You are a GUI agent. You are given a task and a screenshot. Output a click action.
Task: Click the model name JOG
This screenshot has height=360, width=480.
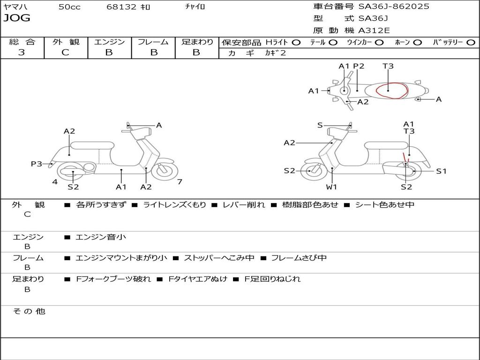pos(17,18)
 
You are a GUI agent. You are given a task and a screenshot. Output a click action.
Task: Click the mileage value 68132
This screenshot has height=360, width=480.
pos(121,7)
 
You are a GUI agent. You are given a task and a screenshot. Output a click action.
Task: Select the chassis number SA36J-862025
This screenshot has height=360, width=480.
pos(394,7)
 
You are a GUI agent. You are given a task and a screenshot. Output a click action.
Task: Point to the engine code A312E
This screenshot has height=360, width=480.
pos(374,31)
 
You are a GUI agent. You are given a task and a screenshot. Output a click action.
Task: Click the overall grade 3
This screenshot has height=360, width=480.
pos(22,52)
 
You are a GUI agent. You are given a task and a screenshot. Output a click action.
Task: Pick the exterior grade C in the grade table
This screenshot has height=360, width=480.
pos(66,52)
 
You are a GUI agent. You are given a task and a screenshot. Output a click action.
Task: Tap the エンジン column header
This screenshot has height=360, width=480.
pos(110,42)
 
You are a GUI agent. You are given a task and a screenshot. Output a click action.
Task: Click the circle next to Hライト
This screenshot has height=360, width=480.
pos(296,42)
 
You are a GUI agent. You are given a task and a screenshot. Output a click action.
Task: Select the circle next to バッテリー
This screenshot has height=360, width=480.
pos(471,42)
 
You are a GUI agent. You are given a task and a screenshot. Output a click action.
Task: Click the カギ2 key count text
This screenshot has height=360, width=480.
pos(276,53)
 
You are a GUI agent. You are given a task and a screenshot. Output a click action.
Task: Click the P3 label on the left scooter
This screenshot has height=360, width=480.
pos(37,164)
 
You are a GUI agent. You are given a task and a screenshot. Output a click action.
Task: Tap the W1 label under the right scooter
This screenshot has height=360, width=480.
pos(331,187)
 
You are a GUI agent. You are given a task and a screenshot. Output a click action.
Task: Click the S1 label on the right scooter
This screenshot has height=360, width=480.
pos(442,171)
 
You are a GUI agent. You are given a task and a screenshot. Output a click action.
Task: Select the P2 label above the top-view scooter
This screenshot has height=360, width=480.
pos(359,66)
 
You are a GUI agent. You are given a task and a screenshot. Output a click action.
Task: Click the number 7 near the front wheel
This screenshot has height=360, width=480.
pos(180,181)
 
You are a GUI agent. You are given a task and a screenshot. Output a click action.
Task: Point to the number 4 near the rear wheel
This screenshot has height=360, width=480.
pos(55,181)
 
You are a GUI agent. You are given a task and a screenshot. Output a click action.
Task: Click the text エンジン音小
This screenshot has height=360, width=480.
pos(101,237)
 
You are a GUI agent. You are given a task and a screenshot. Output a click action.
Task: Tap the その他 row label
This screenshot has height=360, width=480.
pos(29,311)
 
